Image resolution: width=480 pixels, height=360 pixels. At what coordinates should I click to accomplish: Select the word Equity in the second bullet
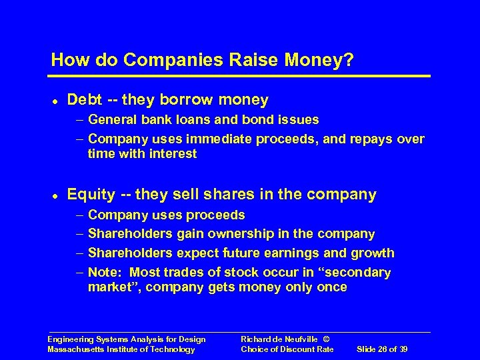[91, 195]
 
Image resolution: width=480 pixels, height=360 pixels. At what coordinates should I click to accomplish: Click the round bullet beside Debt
[54, 101]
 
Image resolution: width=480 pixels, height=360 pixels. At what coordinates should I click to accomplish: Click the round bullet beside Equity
[54, 195]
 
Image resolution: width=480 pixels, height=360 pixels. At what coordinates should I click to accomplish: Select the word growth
[374, 253]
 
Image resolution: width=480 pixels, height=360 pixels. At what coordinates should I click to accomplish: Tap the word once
[332, 287]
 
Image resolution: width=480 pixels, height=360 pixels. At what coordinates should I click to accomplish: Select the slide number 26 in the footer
[388, 349]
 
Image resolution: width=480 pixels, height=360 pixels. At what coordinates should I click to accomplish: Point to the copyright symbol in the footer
[325, 339]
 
